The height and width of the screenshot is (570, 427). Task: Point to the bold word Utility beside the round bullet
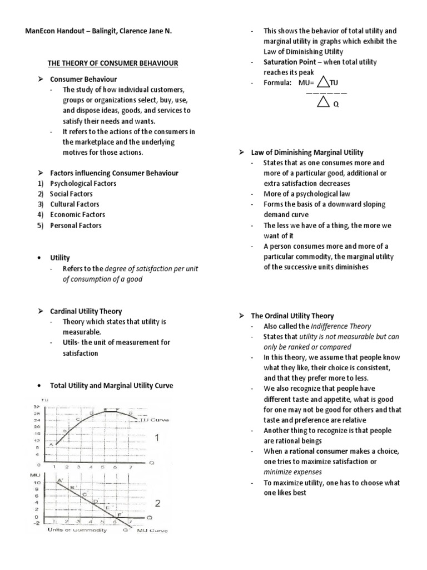pos(60,258)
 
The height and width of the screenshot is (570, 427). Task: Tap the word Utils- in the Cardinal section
pos(73,343)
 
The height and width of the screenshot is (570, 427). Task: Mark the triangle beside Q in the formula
pos(322,102)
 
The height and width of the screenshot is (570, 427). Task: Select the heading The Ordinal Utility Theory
pos(292,316)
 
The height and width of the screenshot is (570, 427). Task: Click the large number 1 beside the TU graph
pos(157,438)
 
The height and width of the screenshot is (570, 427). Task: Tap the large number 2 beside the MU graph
pos(158,504)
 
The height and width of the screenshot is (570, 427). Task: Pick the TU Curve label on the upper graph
pos(148,419)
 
